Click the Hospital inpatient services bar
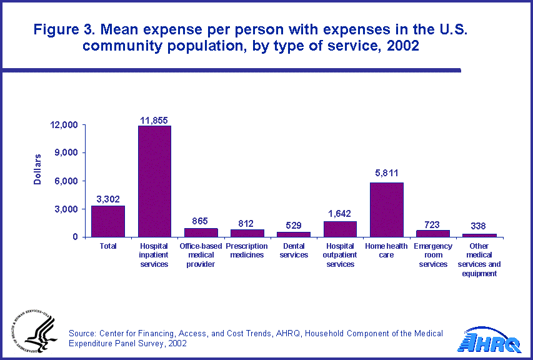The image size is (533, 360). tap(154, 181)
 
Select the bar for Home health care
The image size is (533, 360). tap(386, 209)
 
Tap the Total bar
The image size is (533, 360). tap(108, 221)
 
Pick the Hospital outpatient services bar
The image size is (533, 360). tap(340, 229)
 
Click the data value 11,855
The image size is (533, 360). tap(154, 119)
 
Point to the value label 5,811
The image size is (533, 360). tap(386, 173)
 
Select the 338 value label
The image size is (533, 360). tap(479, 226)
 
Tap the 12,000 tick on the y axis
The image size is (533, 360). tap(64, 125)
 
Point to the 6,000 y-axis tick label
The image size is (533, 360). tap(66, 181)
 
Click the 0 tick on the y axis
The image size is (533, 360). tap(75, 237)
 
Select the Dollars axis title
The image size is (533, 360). tap(37, 169)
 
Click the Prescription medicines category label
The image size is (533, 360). tap(247, 251)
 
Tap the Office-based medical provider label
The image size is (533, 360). tap(201, 255)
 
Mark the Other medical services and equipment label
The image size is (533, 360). tap(479, 259)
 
